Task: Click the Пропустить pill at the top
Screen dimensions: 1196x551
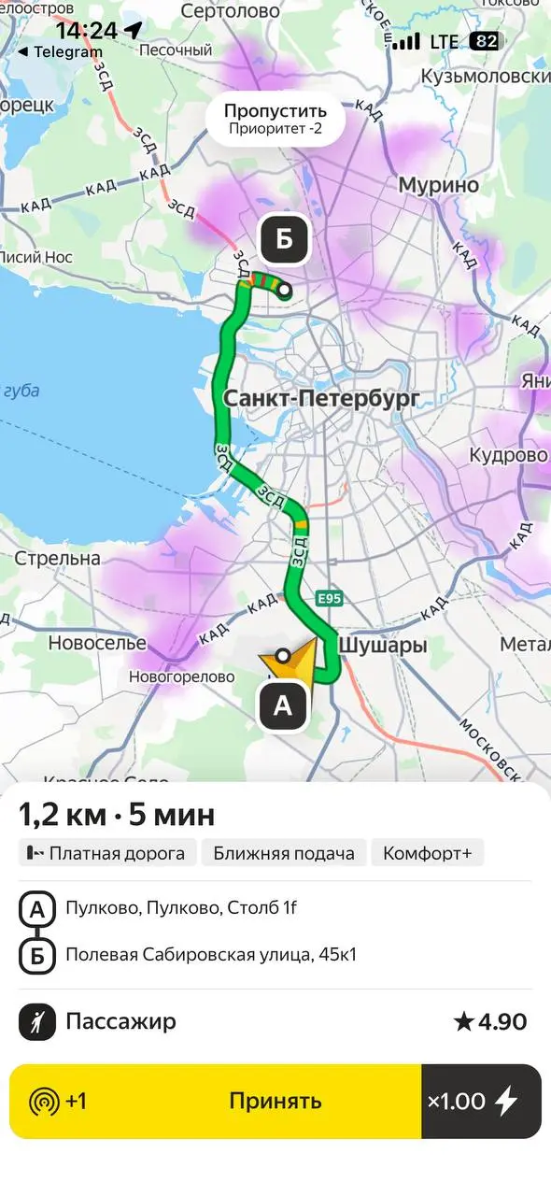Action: (275, 120)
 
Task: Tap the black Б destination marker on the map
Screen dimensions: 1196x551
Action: (284, 240)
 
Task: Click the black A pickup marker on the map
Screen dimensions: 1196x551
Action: (283, 707)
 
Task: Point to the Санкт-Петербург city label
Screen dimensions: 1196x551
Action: (321, 400)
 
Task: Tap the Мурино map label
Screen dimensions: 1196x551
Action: (439, 184)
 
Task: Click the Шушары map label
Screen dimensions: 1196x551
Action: (382, 645)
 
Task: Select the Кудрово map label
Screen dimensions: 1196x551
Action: (508, 455)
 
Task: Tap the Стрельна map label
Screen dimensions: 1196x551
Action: (58, 558)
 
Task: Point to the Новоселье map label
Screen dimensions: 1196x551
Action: (97, 643)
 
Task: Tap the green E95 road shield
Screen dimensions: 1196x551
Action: (330, 598)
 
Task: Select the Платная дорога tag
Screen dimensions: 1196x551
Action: (108, 852)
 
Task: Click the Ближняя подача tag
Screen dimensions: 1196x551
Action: (283, 852)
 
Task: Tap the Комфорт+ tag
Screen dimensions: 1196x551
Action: (427, 852)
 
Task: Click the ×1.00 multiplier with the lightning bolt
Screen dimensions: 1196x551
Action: (481, 1101)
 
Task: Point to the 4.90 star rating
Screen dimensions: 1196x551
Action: (490, 1022)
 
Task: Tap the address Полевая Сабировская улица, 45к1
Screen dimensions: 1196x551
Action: (211, 955)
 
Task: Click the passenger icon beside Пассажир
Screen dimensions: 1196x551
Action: (37, 1022)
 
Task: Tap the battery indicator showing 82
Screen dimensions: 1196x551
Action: (485, 41)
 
